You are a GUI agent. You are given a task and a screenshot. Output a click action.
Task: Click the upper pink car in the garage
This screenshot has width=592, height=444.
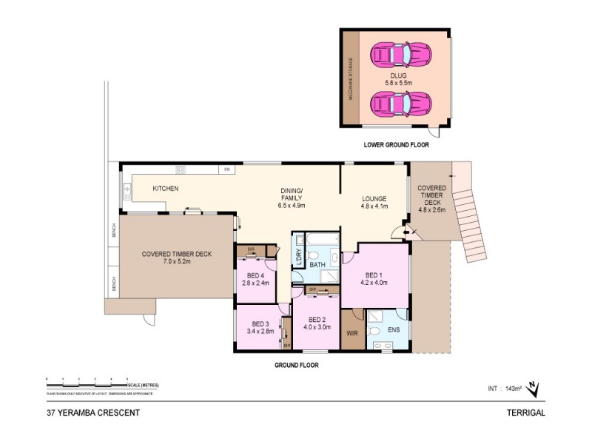pyautogui.click(x=400, y=54)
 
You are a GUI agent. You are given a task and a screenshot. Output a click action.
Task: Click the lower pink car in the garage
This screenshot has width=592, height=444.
pyautogui.click(x=400, y=103)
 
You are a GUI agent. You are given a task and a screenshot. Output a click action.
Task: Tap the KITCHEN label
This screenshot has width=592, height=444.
pyautogui.click(x=166, y=189)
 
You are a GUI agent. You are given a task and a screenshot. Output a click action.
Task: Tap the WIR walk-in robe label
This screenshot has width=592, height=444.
pyautogui.click(x=352, y=333)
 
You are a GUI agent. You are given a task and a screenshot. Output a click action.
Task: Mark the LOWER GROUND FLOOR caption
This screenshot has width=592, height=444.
pyautogui.click(x=396, y=146)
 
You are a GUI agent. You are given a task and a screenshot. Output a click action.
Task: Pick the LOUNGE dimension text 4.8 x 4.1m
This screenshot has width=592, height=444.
pyautogui.click(x=374, y=206)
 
